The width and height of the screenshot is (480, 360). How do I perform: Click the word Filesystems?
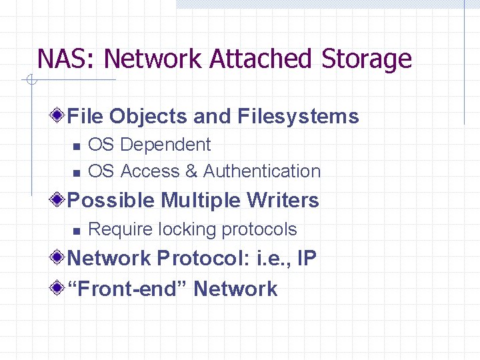tap(298, 117)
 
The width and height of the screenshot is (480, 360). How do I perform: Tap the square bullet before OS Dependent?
tap(77, 146)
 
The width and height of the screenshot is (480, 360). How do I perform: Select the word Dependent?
tap(166, 145)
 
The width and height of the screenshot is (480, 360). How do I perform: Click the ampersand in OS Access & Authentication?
tap(191, 171)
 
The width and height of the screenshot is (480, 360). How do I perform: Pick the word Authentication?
tap(262, 171)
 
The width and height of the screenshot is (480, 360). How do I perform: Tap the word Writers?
tap(283, 200)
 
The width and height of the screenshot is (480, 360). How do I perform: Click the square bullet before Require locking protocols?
tap(77, 231)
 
